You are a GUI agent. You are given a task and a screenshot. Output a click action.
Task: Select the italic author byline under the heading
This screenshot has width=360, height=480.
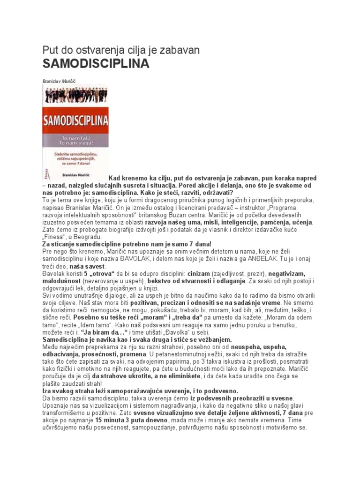59,81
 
